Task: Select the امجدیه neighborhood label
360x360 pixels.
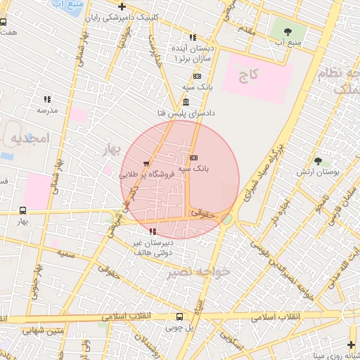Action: [x=27, y=139]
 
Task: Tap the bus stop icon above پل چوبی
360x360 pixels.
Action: [x=179, y=316]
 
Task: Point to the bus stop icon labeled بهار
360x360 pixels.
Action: [x=23, y=210]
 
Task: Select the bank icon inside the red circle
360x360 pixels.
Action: [x=193, y=157]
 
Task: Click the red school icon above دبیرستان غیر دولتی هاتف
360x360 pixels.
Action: [x=153, y=231]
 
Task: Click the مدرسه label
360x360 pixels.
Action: [x=46, y=110]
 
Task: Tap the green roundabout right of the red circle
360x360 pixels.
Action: [x=227, y=220]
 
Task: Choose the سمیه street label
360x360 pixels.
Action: [x=67, y=252]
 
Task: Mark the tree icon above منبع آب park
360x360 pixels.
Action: [x=288, y=31]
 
